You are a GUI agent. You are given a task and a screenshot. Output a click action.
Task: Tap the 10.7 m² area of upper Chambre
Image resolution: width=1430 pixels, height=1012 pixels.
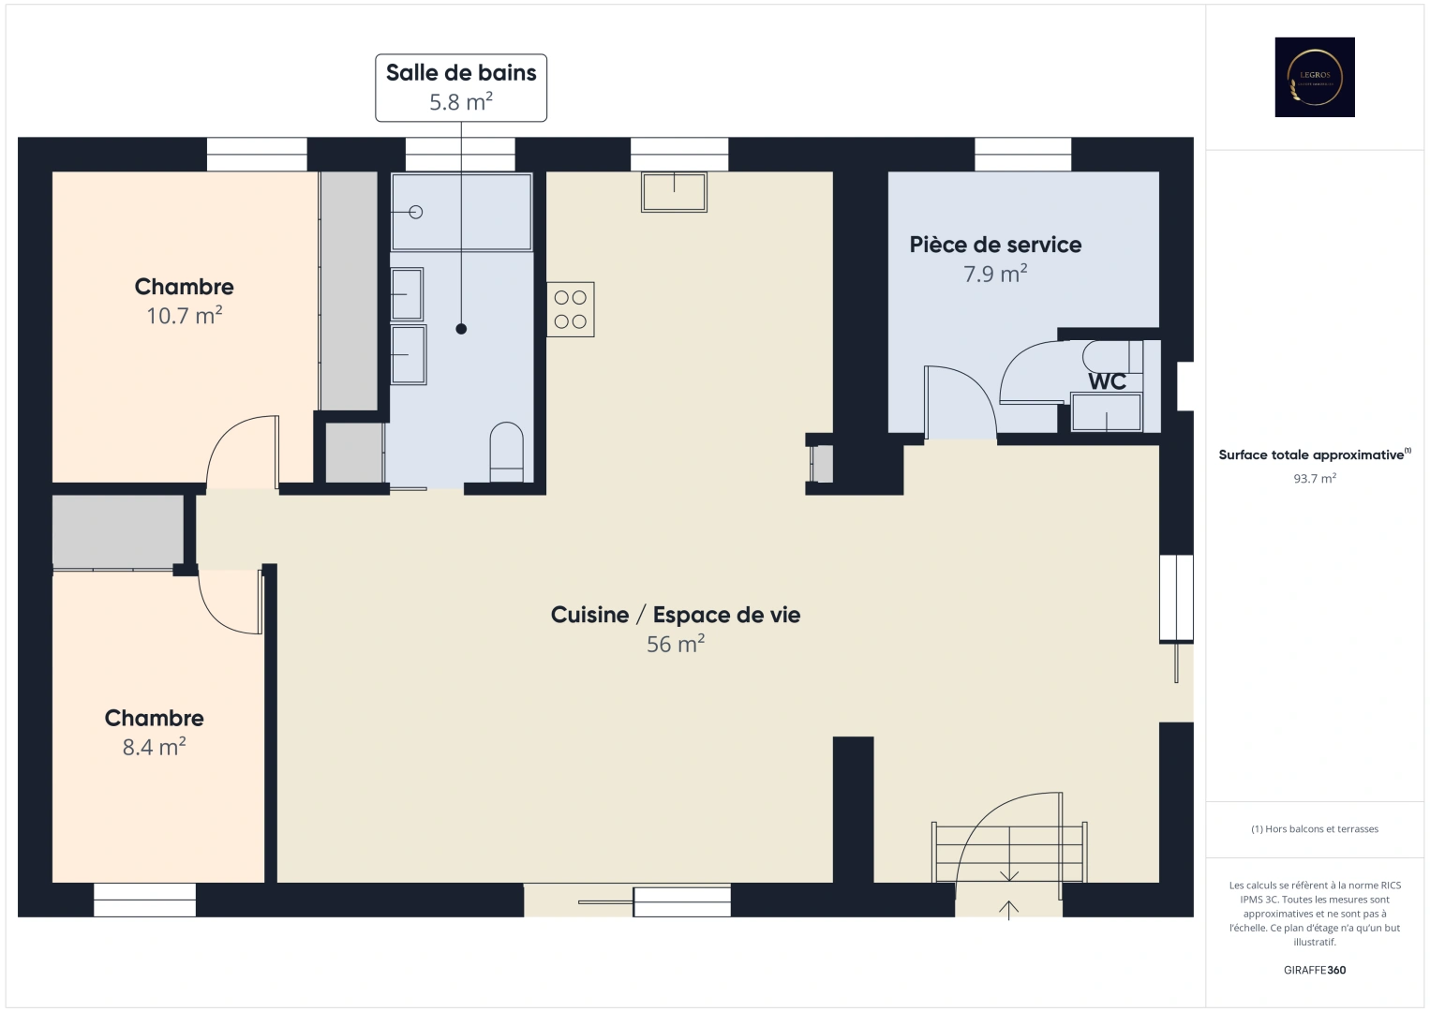click(184, 316)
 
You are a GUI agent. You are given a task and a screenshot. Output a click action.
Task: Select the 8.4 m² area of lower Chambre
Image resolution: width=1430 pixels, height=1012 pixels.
click(154, 747)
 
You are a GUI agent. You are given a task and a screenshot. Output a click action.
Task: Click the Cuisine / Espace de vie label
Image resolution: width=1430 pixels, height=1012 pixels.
click(675, 615)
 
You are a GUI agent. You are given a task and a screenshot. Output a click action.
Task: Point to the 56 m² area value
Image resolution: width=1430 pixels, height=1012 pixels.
click(675, 645)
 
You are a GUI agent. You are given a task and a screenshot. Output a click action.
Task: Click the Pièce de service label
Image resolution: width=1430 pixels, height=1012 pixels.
click(995, 245)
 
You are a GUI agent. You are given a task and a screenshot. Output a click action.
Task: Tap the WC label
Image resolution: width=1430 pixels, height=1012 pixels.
click(1107, 381)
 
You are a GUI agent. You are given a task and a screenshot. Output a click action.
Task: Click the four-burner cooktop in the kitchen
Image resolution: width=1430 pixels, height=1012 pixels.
click(570, 309)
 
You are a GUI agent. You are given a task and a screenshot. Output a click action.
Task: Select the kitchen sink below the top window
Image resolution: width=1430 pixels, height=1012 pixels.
click(674, 191)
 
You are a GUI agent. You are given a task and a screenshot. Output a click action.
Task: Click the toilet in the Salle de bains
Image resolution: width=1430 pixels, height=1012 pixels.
click(506, 452)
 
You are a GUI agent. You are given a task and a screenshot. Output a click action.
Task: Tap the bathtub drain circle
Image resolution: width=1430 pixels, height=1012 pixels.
click(415, 212)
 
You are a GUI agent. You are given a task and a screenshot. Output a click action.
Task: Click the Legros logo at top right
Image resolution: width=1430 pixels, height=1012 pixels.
click(1314, 77)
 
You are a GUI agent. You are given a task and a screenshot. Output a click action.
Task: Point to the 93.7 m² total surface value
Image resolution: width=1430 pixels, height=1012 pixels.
click(1314, 478)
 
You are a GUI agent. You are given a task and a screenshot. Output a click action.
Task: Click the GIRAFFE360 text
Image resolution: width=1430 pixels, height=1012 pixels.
click(1314, 970)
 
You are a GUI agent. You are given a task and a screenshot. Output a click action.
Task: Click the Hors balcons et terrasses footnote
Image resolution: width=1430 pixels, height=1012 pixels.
click(1314, 829)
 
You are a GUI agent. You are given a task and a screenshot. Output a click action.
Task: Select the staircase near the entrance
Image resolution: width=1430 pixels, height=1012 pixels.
click(1008, 853)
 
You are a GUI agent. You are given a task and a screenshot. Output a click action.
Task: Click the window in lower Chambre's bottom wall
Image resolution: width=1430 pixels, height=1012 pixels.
click(144, 900)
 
